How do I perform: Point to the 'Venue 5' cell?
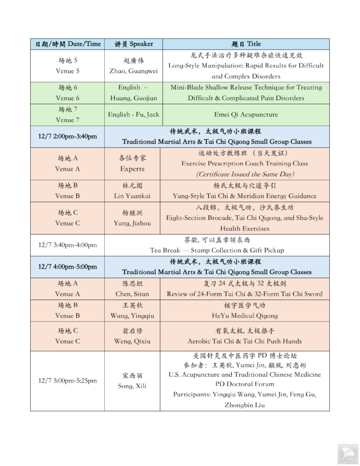tap(67, 71)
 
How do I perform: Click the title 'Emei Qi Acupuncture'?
tap(245, 114)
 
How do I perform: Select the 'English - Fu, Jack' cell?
tap(133, 114)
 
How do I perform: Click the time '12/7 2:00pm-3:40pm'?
tap(68, 136)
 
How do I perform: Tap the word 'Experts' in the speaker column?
tap(132, 169)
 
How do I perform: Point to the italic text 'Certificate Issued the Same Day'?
tap(245, 174)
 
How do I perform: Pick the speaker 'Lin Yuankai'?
tap(132, 196)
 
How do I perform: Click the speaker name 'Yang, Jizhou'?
tap(132, 223)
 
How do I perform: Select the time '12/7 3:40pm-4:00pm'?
tap(68, 245)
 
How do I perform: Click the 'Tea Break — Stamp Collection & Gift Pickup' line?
tap(216, 250)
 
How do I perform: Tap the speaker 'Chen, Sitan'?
tap(132, 294)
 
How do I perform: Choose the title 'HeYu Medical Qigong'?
tap(245, 315)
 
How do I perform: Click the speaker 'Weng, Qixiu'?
tap(132, 341)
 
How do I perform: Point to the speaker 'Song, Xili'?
tap(132, 386)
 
